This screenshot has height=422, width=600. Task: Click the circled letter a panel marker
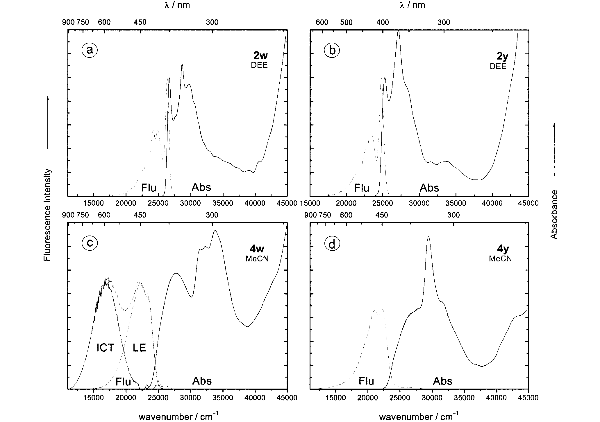[x=90, y=50]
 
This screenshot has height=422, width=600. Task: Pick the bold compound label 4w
[x=257, y=249]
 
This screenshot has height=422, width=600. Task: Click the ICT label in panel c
[x=105, y=348]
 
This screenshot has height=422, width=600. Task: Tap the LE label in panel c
[x=139, y=348]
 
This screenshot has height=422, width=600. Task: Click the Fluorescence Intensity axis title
[x=47, y=215]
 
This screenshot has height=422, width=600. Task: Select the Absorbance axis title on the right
[x=554, y=214]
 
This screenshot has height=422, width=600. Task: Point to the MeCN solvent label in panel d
[x=500, y=258]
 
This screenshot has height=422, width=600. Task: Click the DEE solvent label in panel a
[x=259, y=65]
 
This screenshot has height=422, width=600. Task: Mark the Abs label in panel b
[x=429, y=188]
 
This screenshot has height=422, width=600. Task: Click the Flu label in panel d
[x=366, y=381]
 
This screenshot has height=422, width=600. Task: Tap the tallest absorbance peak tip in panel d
[x=428, y=237]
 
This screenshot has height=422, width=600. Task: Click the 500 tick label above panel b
[x=346, y=23]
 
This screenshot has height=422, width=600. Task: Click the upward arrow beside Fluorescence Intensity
[x=48, y=122]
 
